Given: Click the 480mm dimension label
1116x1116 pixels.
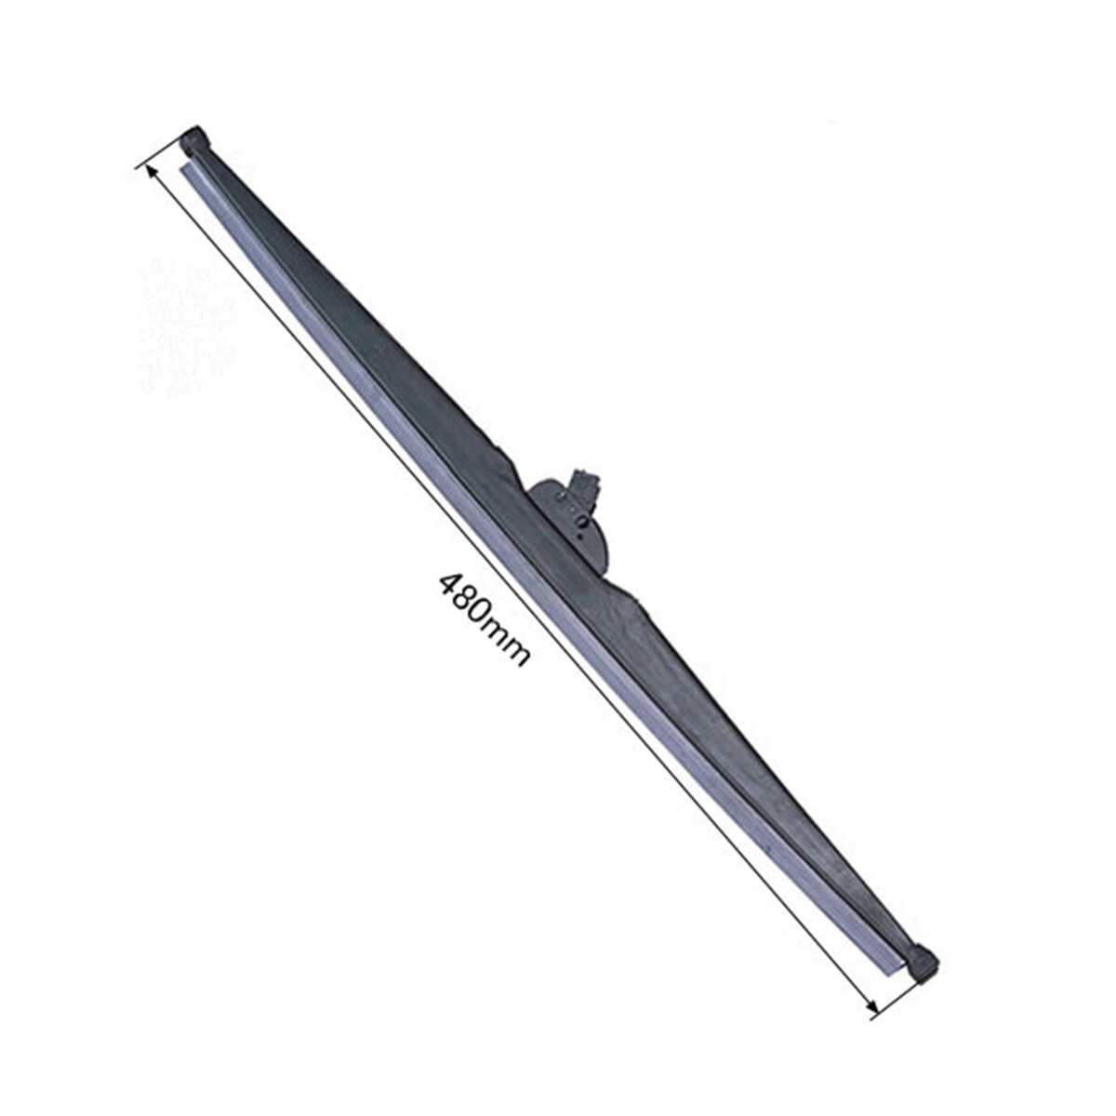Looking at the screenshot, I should click(484, 618).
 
